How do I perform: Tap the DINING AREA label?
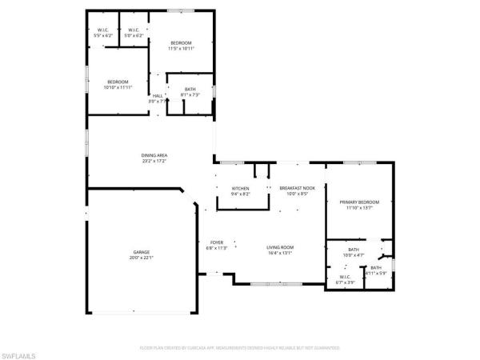154,154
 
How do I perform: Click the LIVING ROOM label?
279,247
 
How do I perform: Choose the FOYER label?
217,242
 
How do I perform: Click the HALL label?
157,96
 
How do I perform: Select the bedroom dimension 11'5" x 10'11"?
181,49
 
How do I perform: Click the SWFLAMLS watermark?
19,353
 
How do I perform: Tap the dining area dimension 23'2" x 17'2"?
154,160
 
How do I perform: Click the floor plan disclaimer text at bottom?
240,348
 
